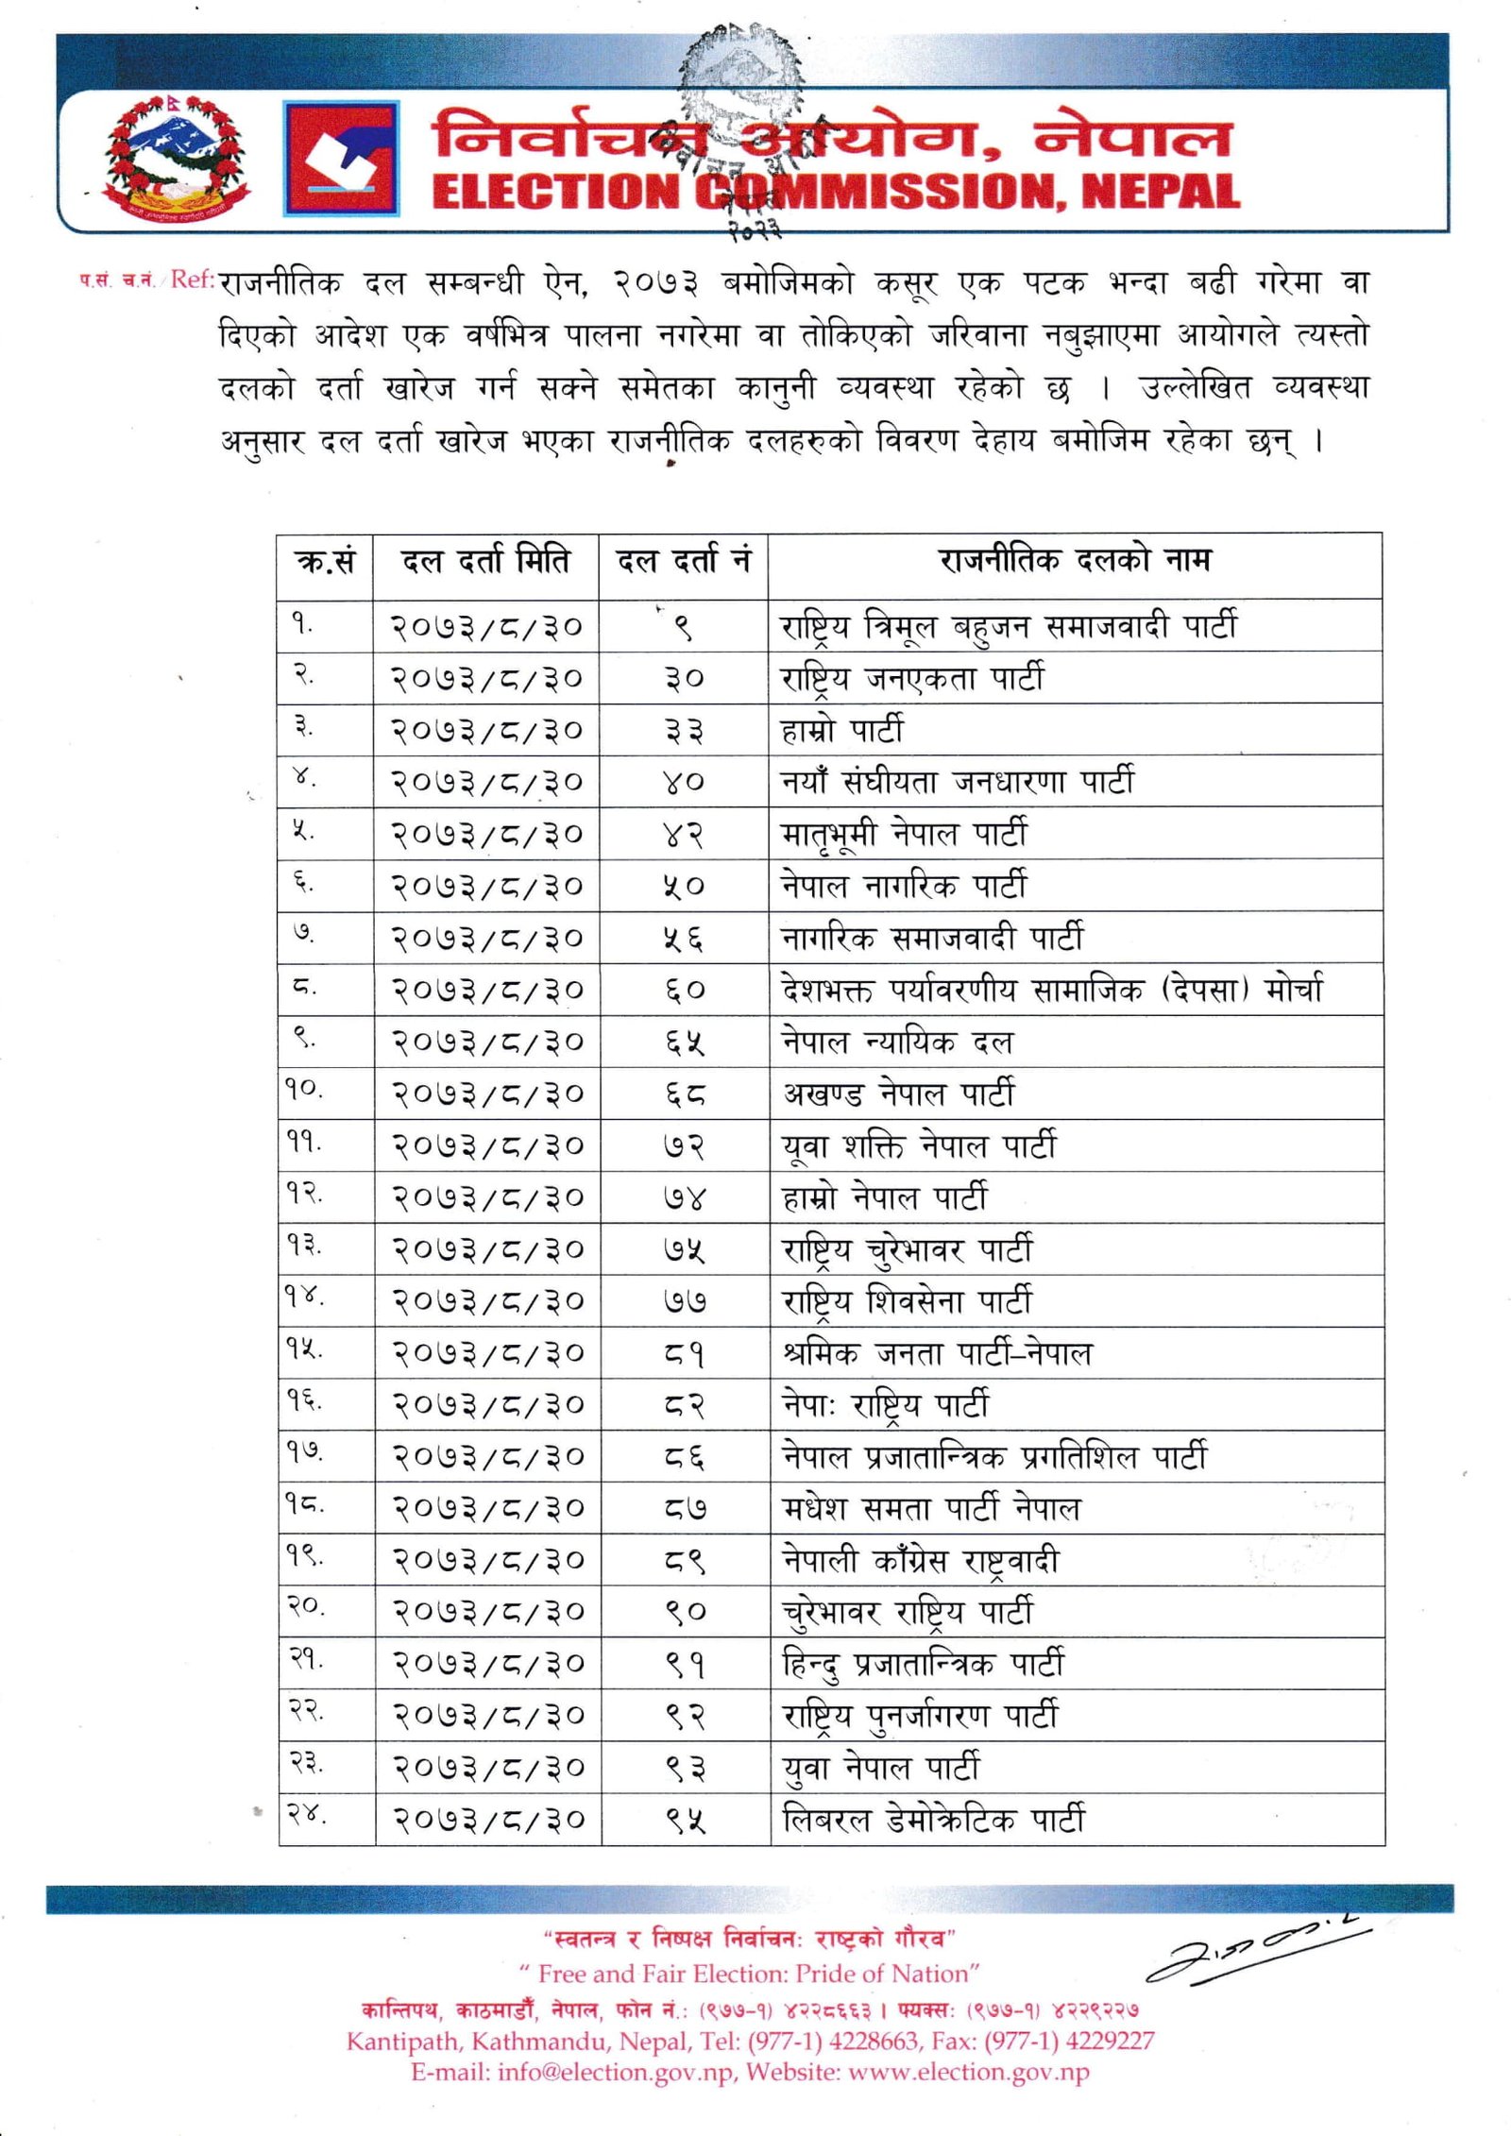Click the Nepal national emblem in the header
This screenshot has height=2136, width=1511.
pyautogui.click(x=176, y=159)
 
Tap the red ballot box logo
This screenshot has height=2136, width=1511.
pyautogui.click(x=341, y=159)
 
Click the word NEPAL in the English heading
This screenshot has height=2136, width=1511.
pyautogui.click(x=1161, y=191)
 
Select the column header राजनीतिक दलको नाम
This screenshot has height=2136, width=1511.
pyautogui.click(x=1075, y=561)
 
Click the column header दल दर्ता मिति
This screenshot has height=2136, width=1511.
pyautogui.click(x=485, y=563)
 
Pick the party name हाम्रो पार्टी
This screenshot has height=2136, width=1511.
pyautogui.click(x=842, y=730)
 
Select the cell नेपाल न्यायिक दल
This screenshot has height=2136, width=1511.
pyautogui.click(x=897, y=1043)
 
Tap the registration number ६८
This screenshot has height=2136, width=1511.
pyautogui.click(x=684, y=1094)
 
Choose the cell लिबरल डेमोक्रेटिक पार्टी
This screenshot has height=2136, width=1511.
pyautogui.click(x=934, y=1819)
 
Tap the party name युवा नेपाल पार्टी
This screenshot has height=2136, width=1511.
pyautogui.click(x=881, y=1767)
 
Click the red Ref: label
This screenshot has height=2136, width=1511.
pyautogui.click(x=193, y=280)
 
